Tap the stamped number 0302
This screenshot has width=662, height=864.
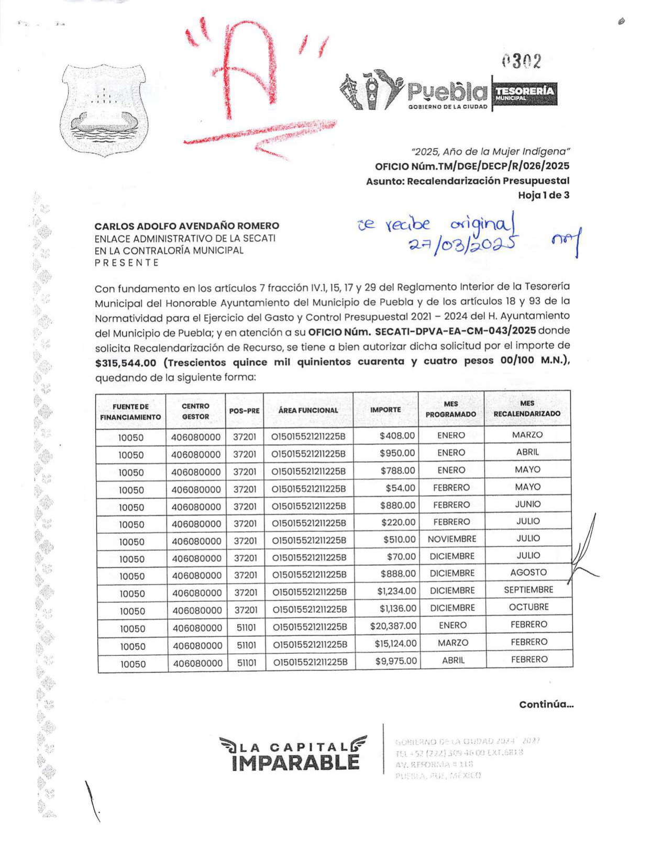coord(521,62)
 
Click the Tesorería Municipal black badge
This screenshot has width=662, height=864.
coord(524,94)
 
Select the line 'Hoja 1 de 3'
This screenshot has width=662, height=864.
coord(543,195)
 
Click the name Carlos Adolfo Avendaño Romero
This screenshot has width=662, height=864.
coord(186,226)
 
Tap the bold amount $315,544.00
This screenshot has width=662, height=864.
coord(126,363)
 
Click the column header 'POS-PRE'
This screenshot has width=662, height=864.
coord(245,411)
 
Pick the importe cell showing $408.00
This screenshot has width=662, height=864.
coord(397,435)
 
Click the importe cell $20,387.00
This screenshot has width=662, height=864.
coord(393,625)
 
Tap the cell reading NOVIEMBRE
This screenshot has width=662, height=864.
coord(451,539)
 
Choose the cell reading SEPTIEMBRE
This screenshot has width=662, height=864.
coord(528,590)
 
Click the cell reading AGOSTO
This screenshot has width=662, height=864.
coord(528,573)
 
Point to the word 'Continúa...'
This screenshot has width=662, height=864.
coord(546,704)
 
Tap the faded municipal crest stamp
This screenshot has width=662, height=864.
coord(103,111)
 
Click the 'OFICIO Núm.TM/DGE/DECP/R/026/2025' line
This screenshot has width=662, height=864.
coord(471,166)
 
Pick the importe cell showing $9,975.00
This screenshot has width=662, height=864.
coord(396,660)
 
